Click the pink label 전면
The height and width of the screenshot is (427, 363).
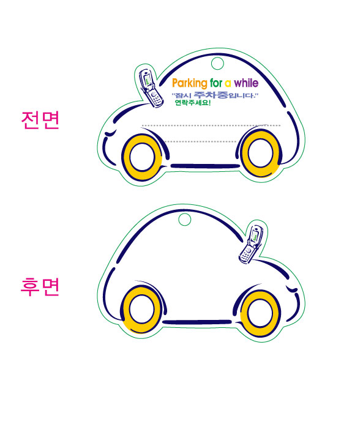click(40, 120)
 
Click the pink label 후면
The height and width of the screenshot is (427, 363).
click(40, 287)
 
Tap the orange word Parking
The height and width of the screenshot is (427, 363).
click(190, 83)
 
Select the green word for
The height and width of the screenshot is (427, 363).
click(216, 83)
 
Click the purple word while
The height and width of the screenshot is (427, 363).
click(246, 83)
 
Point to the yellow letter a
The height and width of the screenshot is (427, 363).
click(228, 84)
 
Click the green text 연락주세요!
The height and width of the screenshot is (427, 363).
click(193, 103)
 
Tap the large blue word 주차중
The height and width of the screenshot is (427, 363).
click(211, 95)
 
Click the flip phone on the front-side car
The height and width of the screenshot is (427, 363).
click(151, 88)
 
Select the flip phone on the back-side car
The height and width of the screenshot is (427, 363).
click(251, 244)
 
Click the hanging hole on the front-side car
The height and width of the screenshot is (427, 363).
click(217, 64)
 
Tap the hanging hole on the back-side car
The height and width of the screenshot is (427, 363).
click(185, 220)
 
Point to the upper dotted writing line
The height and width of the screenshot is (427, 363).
click(211, 125)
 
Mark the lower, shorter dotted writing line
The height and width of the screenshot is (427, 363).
click(201, 141)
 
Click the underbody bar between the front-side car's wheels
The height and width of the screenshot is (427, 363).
click(205, 166)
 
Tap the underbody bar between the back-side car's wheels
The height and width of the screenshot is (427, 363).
click(198, 322)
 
